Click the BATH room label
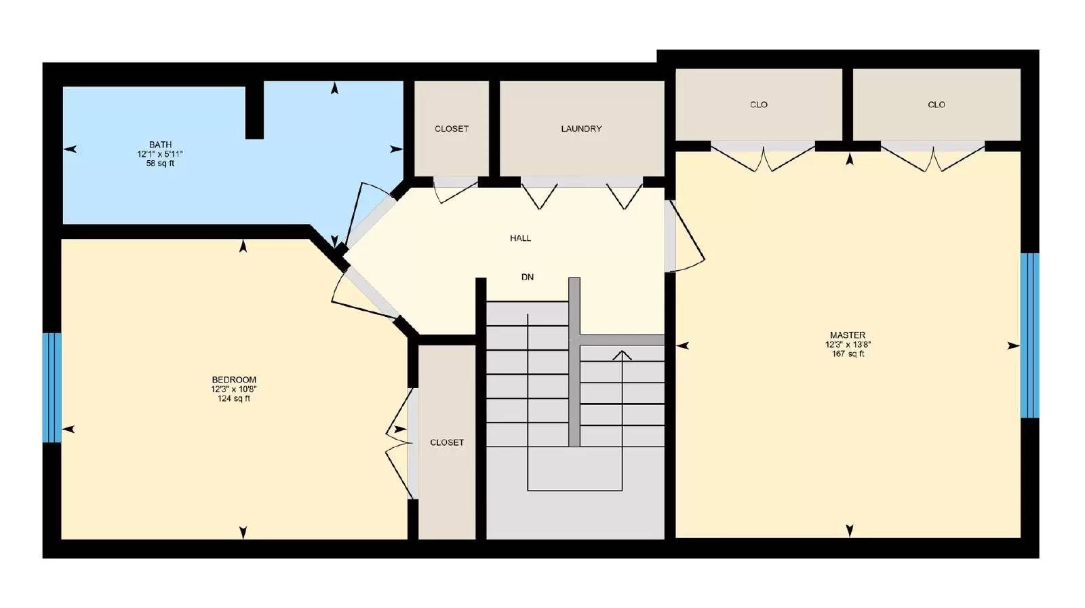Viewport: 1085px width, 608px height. click(x=160, y=145)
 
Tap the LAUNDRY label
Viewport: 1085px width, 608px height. click(x=581, y=129)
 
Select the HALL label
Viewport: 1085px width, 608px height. click(x=521, y=238)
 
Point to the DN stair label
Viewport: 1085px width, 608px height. click(x=528, y=277)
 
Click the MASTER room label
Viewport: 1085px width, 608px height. click(x=847, y=335)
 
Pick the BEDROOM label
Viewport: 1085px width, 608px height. click(x=234, y=380)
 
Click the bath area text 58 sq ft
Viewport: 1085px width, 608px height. click(x=160, y=164)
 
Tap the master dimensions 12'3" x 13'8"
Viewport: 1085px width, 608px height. click(x=847, y=345)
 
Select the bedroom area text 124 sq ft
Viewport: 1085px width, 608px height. click(x=234, y=399)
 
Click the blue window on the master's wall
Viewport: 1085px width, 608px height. click(x=1029, y=335)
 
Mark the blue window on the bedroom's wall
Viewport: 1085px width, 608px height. click(x=52, y=387)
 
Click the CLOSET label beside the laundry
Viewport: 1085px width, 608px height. click(x=452, y=129)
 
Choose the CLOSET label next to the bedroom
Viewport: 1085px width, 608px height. click(x=447, y=442)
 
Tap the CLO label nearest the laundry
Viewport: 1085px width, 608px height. click(x=759, y=104)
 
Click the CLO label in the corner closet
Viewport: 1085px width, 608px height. click(x=936, y=104)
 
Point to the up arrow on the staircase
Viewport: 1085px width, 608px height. click(x=622, y=355)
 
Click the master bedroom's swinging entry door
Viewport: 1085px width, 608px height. click(x=685, y=234)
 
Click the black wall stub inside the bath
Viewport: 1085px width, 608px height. click(x=254, y=110)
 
